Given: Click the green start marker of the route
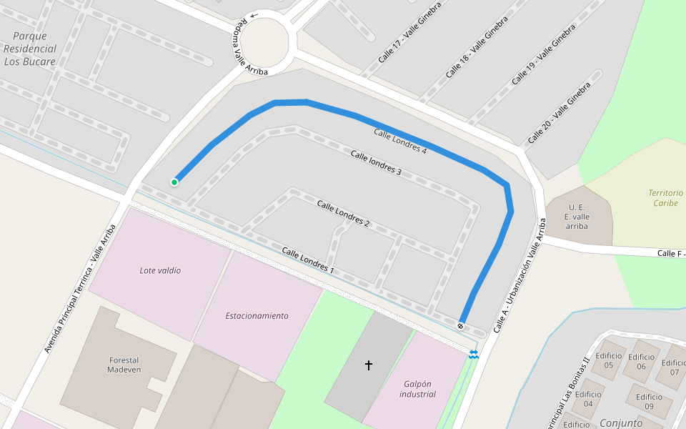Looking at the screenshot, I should tap(174, 182).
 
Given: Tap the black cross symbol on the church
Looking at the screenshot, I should tap(369, 365).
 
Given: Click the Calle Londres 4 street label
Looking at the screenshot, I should tap(399, 141).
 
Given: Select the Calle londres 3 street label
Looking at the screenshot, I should tap(376, 163).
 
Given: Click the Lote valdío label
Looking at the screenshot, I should tap(160, 270).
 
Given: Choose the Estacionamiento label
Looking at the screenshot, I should tap(257, 315).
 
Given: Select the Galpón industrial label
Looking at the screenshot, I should tap(418, 388).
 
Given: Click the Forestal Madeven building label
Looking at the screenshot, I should tap(124, 365).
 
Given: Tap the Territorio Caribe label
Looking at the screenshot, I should tap(665, 198).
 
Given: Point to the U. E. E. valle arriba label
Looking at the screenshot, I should tap(577, 216).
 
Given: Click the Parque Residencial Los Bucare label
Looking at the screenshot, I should tap(29, 49).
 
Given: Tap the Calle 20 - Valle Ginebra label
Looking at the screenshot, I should tap(560, 112).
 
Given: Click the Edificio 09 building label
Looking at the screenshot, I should tap(649, 402).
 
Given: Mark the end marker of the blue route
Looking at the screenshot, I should tap(461, 326).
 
